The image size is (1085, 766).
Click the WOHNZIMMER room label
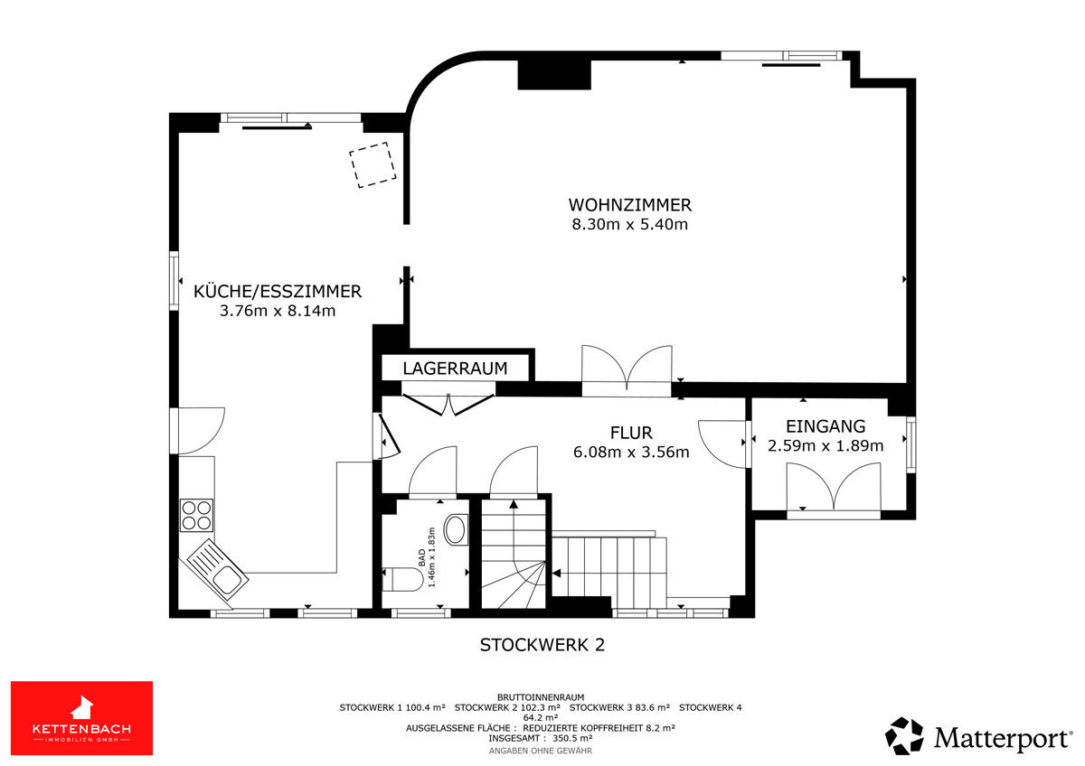click(x=629, y=205)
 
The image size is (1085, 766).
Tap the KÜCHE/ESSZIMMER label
click(x=278, y=291)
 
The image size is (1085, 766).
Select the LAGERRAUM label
click(x=455, y=369)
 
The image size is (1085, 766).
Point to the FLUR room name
click(x=631, y=433)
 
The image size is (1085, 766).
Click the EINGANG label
click(x=826, y=426)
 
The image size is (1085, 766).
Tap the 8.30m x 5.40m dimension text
click(x=629, y=225)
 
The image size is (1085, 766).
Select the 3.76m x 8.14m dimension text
click(x=278, y=311)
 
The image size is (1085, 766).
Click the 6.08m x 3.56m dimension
click(x=631, y=452)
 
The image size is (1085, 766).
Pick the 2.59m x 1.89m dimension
click(x=826, y=445)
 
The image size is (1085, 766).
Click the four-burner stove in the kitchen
click(x=197, y=516)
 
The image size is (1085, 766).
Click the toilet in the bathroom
click(x=402, y=579)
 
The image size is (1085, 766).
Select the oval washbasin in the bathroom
click(x=456, y=530)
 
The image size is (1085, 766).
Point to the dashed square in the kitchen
click(x=373, y=164)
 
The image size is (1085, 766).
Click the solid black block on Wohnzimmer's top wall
click(x=554, y=74)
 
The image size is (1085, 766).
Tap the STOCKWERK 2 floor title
click(x=542, y=645)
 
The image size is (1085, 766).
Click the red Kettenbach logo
click(x=81, y=718)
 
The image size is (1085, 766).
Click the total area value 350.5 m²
click(x=572, y=738)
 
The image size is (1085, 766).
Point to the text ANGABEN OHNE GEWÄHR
click(x=540, y=751)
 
